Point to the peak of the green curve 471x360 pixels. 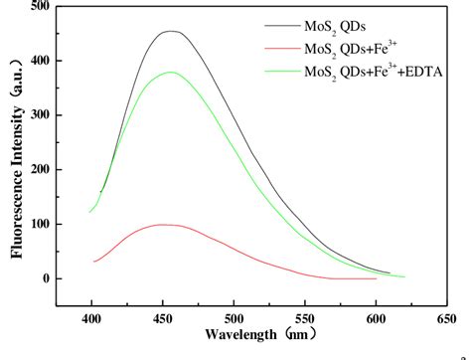tap(170, 72)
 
